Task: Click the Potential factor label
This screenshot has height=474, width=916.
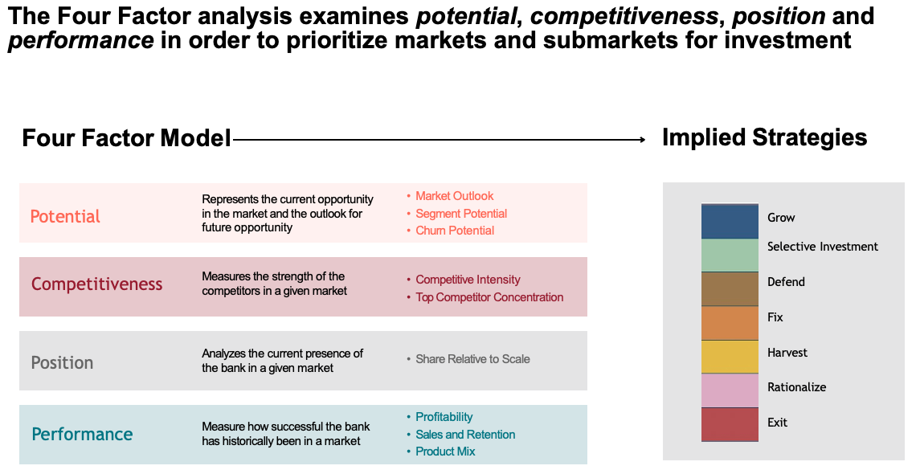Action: coord(65,217)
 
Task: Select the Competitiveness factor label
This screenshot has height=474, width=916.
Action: coord(96,284)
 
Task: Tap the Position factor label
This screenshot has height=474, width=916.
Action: coord(62,362)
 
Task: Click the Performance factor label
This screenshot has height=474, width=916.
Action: coord(82,435)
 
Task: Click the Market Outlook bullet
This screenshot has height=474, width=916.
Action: coord(454,196)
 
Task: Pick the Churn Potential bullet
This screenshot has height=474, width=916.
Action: coord(455,231)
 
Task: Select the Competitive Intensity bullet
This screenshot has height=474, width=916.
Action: coord(468,280)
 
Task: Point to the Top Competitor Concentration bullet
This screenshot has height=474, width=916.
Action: coord(489,297)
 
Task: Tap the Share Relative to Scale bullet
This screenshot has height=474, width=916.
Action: coord(472,359)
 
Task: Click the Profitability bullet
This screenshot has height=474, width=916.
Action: coord(444,417)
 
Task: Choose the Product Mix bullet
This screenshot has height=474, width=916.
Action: coord(445,452)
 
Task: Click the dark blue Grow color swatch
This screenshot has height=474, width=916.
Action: coord(730,222)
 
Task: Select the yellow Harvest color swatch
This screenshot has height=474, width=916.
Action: coord(730,357)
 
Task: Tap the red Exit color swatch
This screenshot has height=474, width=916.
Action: coord(730,424)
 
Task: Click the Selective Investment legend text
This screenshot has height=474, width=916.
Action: coord(823,247)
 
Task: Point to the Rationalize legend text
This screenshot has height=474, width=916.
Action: coord(796,387)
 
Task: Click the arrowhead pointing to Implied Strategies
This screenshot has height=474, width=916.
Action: coord(642,140)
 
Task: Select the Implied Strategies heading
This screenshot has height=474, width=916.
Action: coord(764,137)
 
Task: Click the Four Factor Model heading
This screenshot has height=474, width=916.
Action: coord(126,138)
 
